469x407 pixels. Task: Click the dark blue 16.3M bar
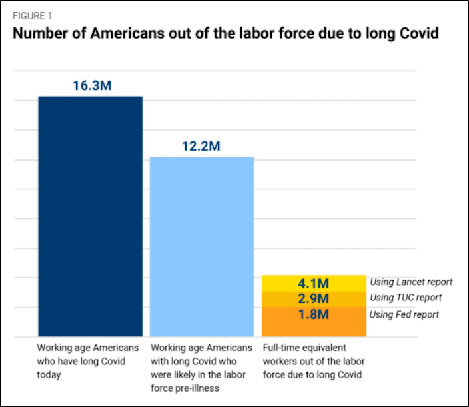(91, 216)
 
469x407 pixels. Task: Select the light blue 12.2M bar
(202, 246)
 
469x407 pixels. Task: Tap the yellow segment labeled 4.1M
(314, 284)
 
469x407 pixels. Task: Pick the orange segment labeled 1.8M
(314, 322)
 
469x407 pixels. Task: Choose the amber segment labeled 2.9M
(314, 299)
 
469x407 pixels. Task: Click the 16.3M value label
(92, 85)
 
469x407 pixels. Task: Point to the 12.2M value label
(201, 146)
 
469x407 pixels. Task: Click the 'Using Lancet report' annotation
(411, 282)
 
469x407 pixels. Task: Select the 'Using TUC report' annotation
(406, 298)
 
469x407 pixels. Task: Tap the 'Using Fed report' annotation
(404, 314)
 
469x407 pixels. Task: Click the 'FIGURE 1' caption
(32, 16)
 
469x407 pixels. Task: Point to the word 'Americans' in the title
(127, 33)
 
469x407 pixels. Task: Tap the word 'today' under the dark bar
(49, 375)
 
